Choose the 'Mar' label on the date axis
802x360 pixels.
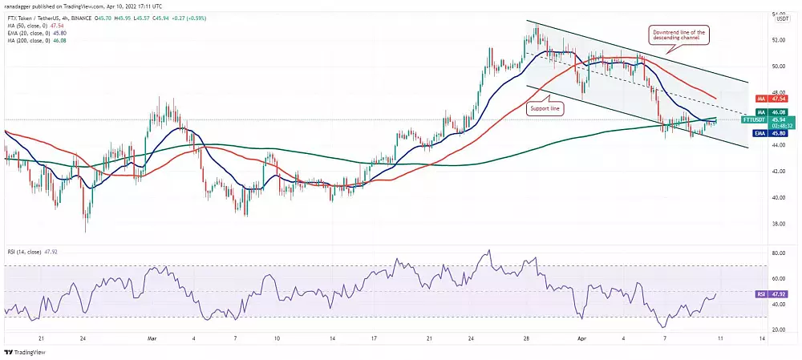pyautogui.click(x=152, y=339)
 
